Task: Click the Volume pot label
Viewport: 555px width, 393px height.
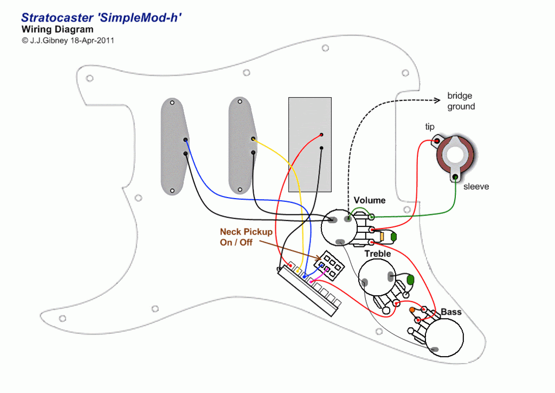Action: click(370, 200)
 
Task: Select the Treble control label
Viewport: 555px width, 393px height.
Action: click(378, 253)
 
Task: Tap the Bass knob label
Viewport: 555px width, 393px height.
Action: click(451, 312)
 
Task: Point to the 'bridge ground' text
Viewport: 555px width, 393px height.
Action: click(461, 102)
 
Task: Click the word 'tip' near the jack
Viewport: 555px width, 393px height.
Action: click(430, 127)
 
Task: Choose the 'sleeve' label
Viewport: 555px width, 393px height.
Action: click(476, 187)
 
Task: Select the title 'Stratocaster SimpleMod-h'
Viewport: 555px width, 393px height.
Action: click(101, 18)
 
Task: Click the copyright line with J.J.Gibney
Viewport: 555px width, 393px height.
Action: click(68, 40)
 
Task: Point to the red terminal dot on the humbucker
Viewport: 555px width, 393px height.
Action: click(321, 134)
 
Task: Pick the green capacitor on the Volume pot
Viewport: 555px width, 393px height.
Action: click(393, 236)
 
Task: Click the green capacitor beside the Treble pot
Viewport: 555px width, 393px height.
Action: click(410, 280)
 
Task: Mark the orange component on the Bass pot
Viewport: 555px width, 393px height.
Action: click(412, 310)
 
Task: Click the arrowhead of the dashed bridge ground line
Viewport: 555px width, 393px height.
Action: click(437, 100)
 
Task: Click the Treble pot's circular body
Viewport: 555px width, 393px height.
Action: click(377, 277)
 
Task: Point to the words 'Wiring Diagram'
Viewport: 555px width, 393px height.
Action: click(57, 30)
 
